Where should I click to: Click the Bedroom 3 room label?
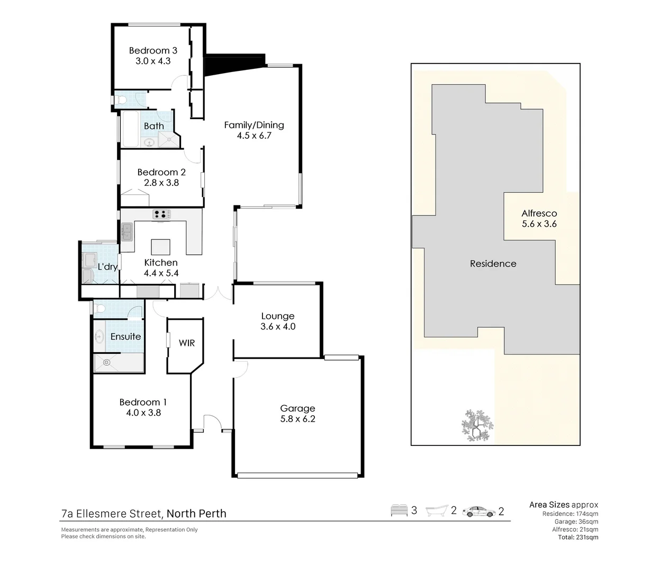click(153, 51)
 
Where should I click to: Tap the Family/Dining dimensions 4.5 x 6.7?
click(254, 136)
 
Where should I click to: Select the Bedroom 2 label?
click(161, 172)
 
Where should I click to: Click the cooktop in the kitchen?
click(162, 215)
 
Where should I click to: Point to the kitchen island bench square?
click(161, 247)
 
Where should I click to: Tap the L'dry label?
click(107, 266)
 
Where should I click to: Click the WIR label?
click(187, 343)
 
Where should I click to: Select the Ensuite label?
click(125, 336)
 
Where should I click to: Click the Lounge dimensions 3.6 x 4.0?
click(278, 327)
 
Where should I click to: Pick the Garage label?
click(297, 408)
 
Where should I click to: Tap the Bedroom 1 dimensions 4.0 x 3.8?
click(143, 413)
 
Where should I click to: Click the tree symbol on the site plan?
click(477, 425)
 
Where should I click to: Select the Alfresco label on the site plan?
click(539, 213)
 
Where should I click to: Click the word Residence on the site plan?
click(493, 264)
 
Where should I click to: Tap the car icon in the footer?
click(478, 512)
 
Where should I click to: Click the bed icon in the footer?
click(399, 511)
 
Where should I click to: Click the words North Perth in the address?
click(196, 513)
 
